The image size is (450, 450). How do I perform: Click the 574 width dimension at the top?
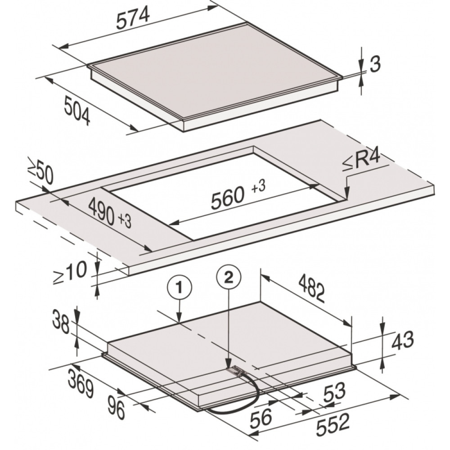[134, 18]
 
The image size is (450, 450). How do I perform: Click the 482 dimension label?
[312, 288]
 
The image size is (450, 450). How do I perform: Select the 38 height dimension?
[61, 324]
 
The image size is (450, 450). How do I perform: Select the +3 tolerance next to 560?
[258, 187]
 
